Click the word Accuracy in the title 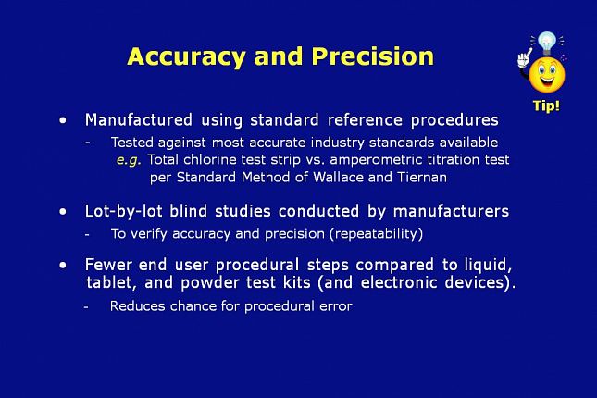(186, 57)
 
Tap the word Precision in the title (373, 56)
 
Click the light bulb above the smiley (547, 43)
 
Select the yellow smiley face (547, 75)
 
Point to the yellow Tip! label (546, 106)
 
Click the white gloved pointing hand (524, 58)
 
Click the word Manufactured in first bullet (139, 120)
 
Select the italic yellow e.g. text (129, 160)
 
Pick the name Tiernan (422, 177)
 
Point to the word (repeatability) (376, 233)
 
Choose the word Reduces (137, 305)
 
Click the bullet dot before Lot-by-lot (63, 211)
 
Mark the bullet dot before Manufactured (63, 120)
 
